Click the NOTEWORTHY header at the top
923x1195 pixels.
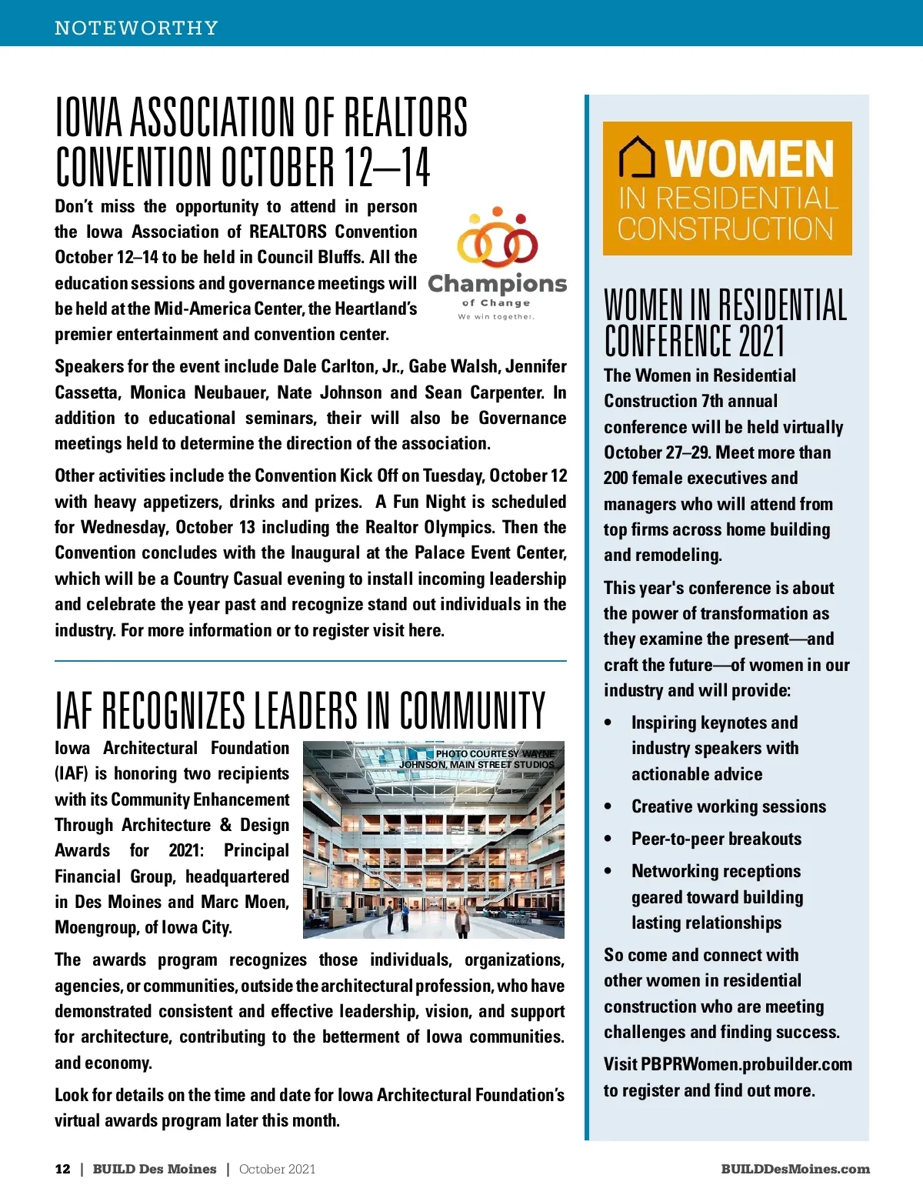tap(136, 28)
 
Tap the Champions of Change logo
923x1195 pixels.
tap(497, 263)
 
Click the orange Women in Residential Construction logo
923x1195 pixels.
tap(727, 189)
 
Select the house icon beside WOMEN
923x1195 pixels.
tap(637, 156)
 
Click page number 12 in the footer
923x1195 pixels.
tap(62, 1169)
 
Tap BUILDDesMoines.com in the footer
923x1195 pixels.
tap(795, 1169)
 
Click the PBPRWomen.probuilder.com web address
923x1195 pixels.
tap(746, 1064)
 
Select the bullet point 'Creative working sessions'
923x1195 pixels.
tap(728, 806)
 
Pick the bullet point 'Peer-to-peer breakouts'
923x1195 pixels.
tap(716, 839)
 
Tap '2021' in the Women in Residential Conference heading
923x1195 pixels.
tap(761, 341)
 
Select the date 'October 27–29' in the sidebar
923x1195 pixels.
tap(657, 452)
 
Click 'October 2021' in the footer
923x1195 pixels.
tap(277, 1169)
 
